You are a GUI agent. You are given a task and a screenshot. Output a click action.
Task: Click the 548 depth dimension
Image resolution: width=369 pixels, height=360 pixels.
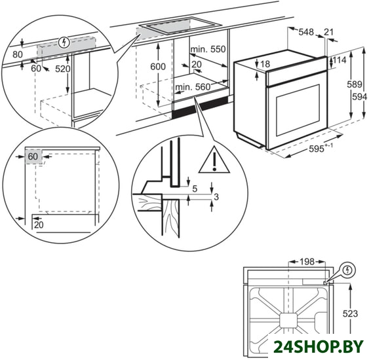coord(306,31)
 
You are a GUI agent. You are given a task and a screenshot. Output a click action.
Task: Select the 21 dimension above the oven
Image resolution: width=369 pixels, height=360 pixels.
coord(328,31)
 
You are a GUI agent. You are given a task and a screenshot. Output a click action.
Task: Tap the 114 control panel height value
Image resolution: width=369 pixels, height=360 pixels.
coord(340,60)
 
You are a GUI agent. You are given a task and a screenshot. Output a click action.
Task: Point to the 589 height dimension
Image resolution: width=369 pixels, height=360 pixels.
coord(355,84)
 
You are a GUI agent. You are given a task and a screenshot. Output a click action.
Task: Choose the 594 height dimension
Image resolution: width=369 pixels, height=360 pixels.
coord(359,97)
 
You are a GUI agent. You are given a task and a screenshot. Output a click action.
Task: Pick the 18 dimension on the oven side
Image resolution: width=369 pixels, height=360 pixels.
coord(265,64)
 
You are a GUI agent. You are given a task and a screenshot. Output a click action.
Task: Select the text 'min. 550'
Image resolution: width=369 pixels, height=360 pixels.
coord(208,49)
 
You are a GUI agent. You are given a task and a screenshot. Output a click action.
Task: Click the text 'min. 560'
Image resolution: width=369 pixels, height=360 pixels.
coord(193,87)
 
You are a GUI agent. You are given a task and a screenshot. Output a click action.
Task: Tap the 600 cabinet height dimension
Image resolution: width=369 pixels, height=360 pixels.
coord(158,67)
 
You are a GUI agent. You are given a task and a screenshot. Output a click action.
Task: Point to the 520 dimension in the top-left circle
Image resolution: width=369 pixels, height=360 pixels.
coord(63,69)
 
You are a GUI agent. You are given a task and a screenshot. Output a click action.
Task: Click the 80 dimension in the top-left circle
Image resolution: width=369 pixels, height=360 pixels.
coord(18,54)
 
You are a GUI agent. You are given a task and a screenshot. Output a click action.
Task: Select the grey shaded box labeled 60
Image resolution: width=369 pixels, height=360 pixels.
coord(34,156)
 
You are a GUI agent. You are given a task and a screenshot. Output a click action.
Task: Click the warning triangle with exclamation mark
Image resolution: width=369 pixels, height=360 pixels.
coord(214,160)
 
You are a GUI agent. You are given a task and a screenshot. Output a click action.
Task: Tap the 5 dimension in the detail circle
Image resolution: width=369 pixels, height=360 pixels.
coord(195,189)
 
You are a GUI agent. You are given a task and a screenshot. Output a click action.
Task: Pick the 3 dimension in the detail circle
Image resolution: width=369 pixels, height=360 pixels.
coord(216,196)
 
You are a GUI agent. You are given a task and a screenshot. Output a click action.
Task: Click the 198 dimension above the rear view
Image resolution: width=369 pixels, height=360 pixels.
coord(307,261)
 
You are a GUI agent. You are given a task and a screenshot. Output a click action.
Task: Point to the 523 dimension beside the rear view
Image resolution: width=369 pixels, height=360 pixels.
coord(350,314)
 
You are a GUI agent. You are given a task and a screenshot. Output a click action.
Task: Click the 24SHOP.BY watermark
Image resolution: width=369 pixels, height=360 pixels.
coord(319,347)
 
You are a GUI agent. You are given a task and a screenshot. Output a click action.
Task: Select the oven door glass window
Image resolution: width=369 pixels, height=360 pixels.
coord(298,110)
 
